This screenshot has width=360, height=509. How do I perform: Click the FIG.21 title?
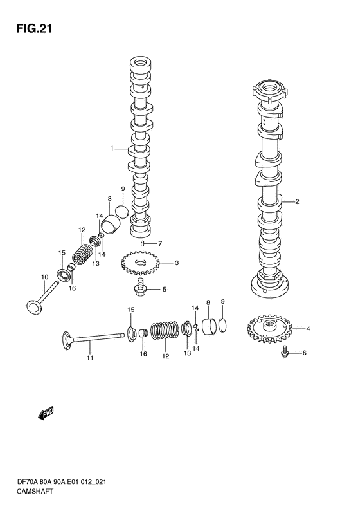(34, 29)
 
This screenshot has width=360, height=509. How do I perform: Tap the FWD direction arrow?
(46, 413)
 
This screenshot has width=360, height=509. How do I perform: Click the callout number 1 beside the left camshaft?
(112, 149)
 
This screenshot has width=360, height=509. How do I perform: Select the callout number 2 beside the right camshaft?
(297, 201)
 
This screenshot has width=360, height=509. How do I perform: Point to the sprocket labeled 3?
(139, 264)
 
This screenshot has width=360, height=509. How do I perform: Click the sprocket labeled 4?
(269, 329)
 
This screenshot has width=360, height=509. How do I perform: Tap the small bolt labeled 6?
(285, 353)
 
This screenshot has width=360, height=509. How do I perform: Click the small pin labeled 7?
(142, 243)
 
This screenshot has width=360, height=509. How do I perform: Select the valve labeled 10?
(42, 298)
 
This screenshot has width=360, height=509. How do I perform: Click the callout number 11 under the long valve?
(90, 358)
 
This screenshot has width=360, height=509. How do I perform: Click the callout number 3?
(176, 263)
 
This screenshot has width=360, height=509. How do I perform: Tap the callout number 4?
(308, 329)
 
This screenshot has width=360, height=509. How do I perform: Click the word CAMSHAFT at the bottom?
(35, 491)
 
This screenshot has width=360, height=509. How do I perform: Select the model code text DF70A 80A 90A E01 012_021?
(61, 482)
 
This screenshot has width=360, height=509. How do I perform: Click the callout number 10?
(45, 277)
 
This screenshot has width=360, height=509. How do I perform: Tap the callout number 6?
(304, 353)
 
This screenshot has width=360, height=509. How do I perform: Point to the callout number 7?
(159, 243)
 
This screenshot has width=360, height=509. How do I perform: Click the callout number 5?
(164, 289)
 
